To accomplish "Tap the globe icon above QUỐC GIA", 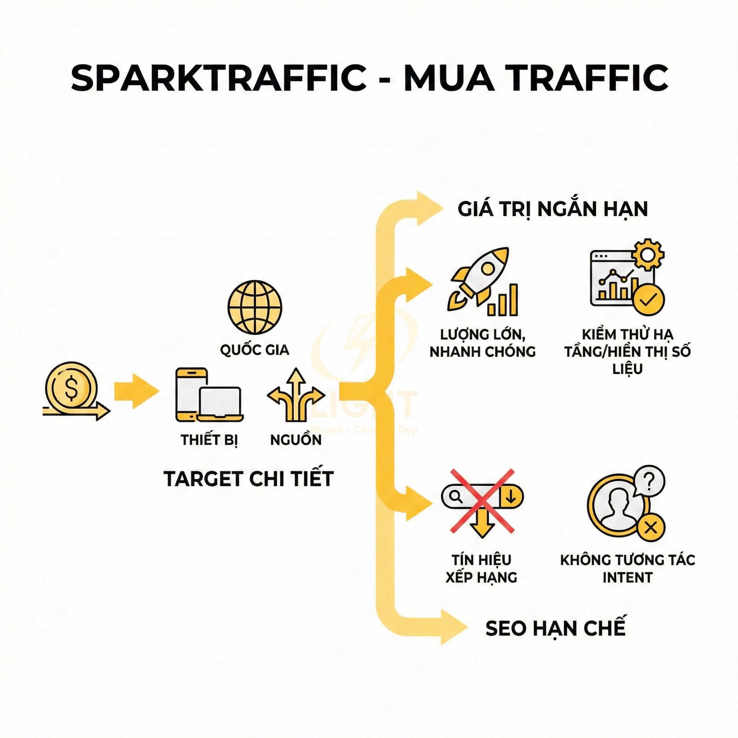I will [255, 307].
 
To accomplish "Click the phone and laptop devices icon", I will [209, 395].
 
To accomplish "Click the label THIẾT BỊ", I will [209, 440].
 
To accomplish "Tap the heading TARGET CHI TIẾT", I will [248, 479].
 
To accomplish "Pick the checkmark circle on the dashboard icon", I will [649, 300].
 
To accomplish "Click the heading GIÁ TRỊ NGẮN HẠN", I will [552, 209].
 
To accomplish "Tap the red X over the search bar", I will [482, 500].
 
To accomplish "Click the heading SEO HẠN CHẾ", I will [555, 628].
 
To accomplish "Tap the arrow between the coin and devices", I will [136, 391].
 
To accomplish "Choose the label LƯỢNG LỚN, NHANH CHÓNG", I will [483, 343].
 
